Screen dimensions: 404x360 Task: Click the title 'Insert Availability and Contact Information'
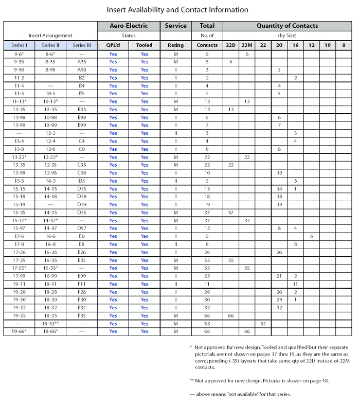(x=177, y=10)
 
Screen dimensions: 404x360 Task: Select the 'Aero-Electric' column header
(x=129, y=26)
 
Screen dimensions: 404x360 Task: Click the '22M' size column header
(x=247, y=45)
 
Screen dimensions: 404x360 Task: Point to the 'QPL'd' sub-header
(x=113, y=45)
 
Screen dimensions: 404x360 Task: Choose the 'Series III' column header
(x=82, y=45)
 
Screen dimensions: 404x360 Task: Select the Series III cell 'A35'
(x=82, y=62)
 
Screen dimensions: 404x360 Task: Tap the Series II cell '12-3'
(x=50, y=133)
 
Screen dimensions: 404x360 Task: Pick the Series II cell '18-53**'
(x=50, y=324)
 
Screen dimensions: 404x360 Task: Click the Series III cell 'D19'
(x=82, y=205)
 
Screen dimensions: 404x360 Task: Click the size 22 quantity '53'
(x=263, y=324)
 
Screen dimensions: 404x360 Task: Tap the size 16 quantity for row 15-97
(x=296, y=229)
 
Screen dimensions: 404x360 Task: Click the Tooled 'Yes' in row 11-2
(x=145, y=78)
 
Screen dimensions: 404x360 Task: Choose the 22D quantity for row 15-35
(x=231, y=213)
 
